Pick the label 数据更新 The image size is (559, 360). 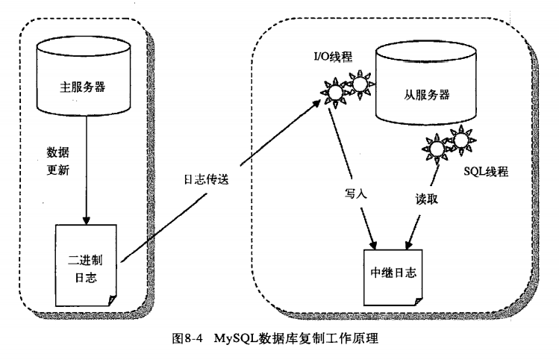(57, 160)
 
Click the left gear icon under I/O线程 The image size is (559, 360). (334, 92)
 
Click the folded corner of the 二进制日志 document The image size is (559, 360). (112, 299)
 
